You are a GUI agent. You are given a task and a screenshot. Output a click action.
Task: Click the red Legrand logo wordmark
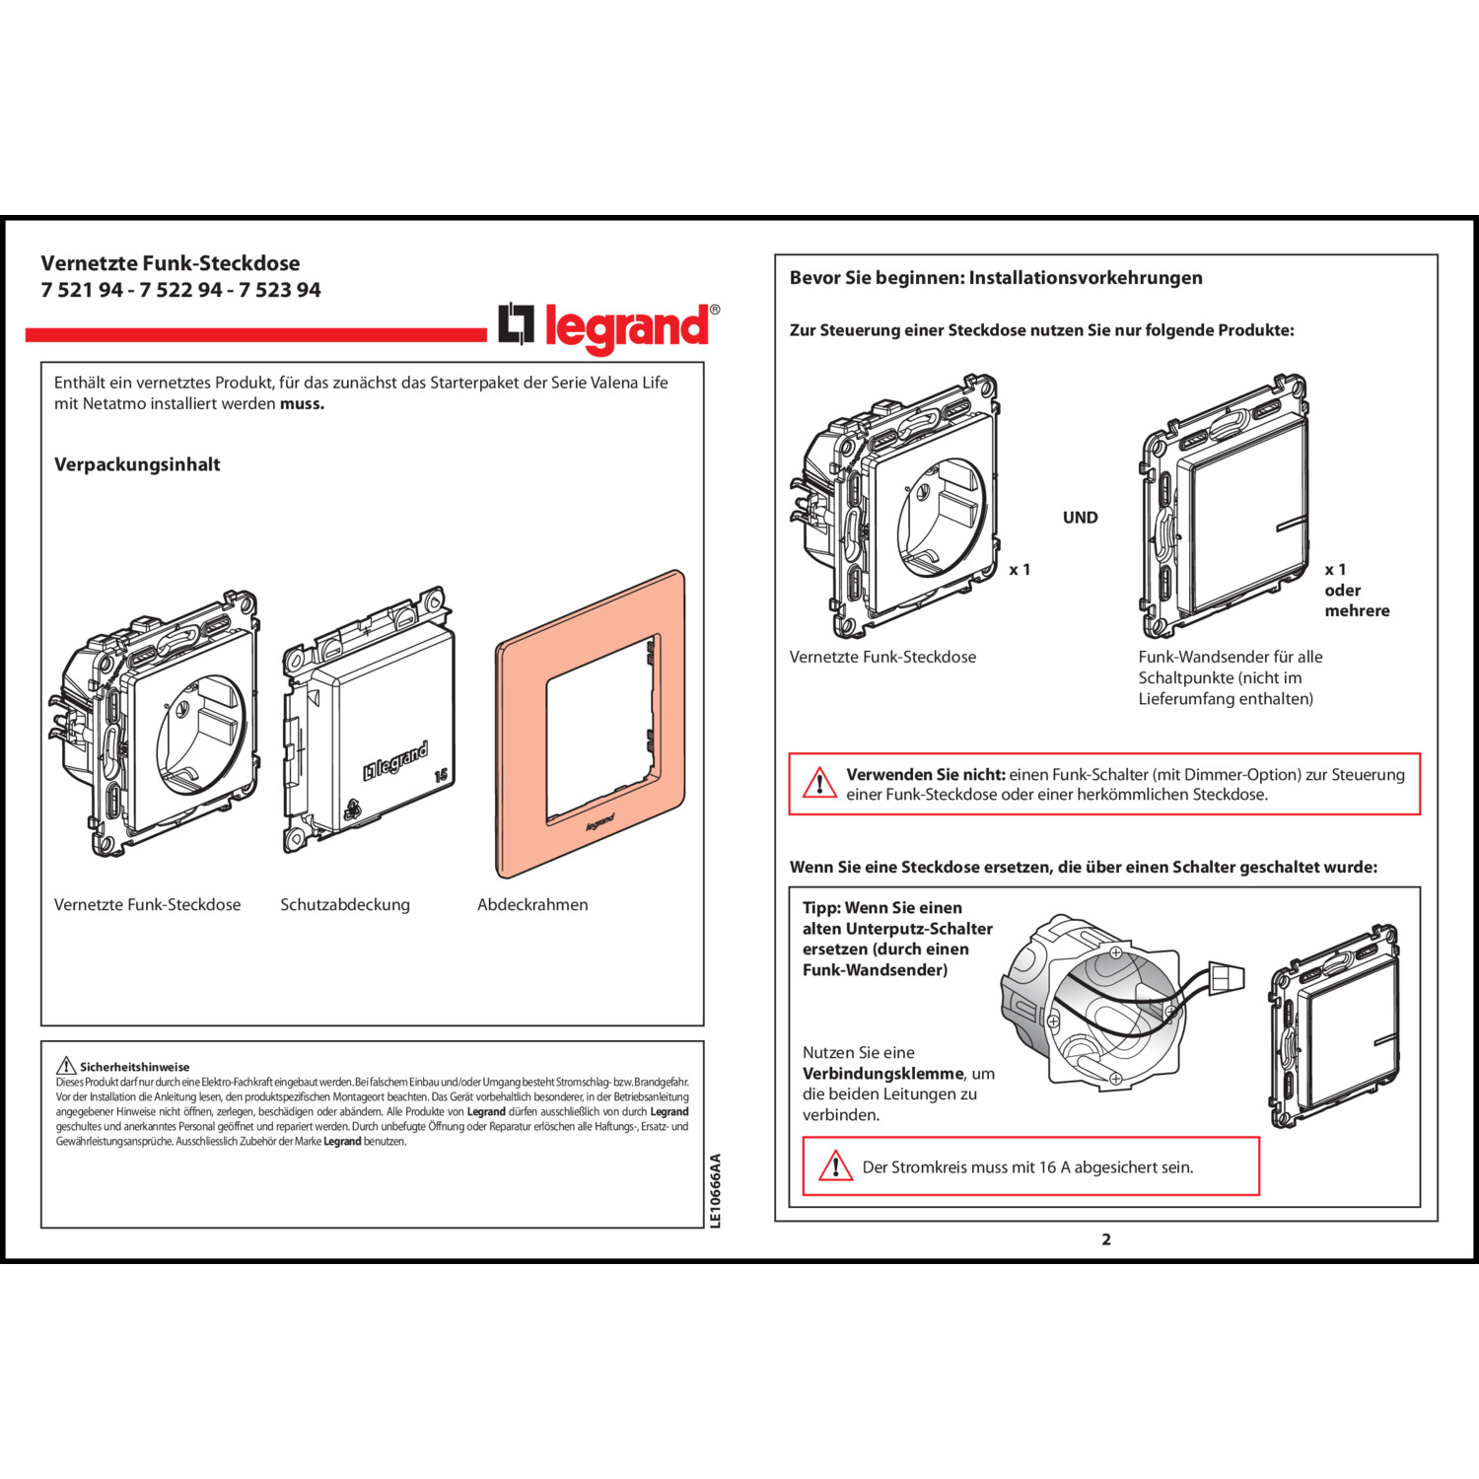coord(626,327)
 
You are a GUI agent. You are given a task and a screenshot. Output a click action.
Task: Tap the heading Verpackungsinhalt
coord(137,464)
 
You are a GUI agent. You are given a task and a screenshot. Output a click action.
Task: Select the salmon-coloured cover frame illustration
coord(591,724)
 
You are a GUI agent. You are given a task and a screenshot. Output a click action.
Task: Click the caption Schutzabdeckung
coord(345,904)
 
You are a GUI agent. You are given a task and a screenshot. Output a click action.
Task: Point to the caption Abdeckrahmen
coord(532,904)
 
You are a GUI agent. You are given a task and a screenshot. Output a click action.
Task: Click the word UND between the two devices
coord(1080,518)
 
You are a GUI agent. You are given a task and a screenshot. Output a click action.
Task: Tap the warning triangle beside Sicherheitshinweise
coord(66,1066)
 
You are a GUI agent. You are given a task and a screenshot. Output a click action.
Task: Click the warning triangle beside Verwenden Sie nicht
coord(819,784)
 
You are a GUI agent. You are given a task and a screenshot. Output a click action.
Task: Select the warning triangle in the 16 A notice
coord(835,1166)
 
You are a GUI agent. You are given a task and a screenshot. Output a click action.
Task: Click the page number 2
coord(1106,1239)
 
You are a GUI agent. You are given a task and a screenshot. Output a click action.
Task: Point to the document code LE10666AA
coord(716,1191)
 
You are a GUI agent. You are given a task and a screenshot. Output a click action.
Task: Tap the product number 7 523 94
coord(280,290)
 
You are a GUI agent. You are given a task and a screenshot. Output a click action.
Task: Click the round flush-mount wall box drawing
coord(1090,1001)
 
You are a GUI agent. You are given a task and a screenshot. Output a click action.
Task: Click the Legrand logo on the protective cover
coord(396,761)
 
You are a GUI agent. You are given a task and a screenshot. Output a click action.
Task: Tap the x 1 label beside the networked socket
coord(1020,570)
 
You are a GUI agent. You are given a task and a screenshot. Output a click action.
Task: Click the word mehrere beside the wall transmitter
coord(1357,610)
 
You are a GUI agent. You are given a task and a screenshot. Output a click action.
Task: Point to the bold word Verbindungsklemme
coord(883,1074)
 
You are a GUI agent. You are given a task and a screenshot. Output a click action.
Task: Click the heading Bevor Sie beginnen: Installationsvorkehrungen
coord(996,278)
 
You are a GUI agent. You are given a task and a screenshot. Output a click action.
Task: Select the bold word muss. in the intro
coord(302,403)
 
